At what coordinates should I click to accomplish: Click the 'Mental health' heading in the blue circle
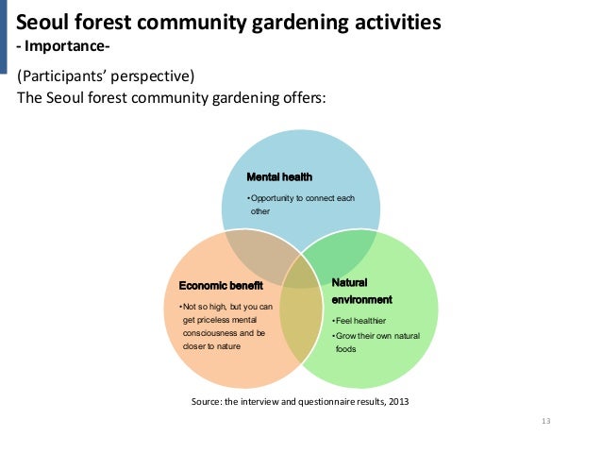[x=279, y=176]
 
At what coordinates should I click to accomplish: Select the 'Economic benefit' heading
[x=221, y=286]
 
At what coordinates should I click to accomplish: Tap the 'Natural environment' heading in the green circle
[x=361, y=291]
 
